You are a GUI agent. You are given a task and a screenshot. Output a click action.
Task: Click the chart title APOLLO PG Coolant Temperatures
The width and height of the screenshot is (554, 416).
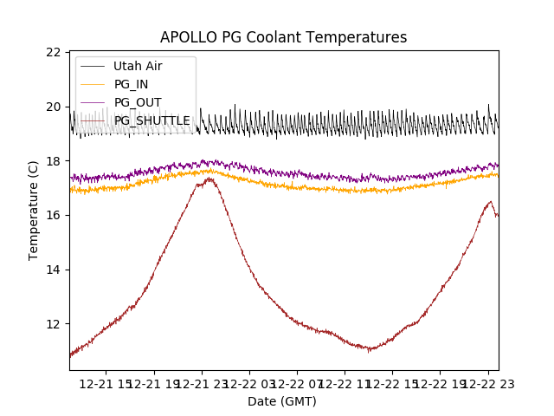(x=283, y=38)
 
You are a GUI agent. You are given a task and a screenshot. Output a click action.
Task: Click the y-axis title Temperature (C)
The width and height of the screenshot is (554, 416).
(x=34, y=211)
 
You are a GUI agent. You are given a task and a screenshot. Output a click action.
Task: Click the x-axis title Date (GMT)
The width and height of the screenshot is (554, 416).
(x=282, y=401)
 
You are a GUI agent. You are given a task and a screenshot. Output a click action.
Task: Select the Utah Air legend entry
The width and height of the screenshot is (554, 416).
(x=138, y=66)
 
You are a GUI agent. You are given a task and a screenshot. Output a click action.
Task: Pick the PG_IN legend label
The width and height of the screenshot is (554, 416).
(x=132, y=84)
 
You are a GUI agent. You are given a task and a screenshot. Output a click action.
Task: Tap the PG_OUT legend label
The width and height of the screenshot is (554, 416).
(x=138, y=102)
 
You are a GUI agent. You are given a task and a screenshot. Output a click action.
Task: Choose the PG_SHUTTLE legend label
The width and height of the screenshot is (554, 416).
(x=151, y=120)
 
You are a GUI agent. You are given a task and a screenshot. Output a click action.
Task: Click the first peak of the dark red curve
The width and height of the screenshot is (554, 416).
(x=208, y=179)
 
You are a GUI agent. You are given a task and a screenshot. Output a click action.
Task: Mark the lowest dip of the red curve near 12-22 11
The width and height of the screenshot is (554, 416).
(x=368, y=349)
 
